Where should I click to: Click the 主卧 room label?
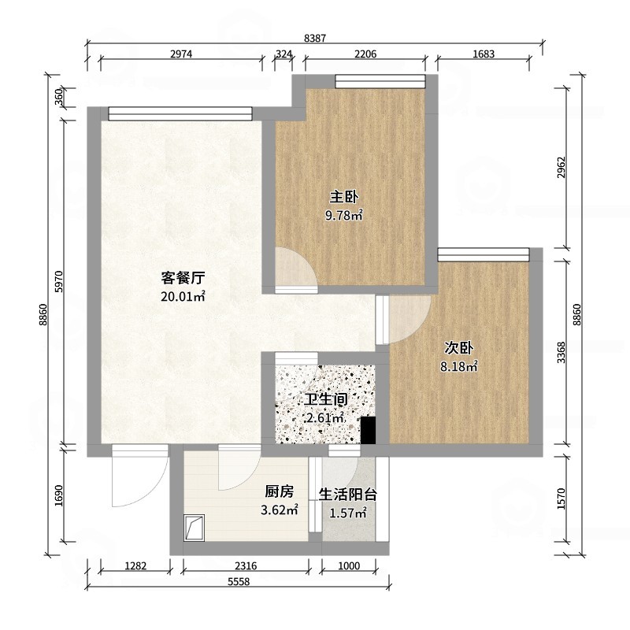344,198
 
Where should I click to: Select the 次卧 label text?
458,348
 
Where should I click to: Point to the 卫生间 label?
325,399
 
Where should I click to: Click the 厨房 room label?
280,491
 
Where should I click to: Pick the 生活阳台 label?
348,495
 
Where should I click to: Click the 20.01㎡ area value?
183,297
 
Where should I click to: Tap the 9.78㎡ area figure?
344,216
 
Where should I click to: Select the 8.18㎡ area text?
459,366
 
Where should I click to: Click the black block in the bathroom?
368,430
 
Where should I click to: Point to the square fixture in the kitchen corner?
195,528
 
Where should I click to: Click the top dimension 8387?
315,38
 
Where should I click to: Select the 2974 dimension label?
181,54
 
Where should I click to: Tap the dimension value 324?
283,54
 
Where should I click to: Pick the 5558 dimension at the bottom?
239,582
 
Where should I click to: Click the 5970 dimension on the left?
58,281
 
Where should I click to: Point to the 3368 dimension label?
561,352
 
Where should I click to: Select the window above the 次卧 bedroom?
484,254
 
